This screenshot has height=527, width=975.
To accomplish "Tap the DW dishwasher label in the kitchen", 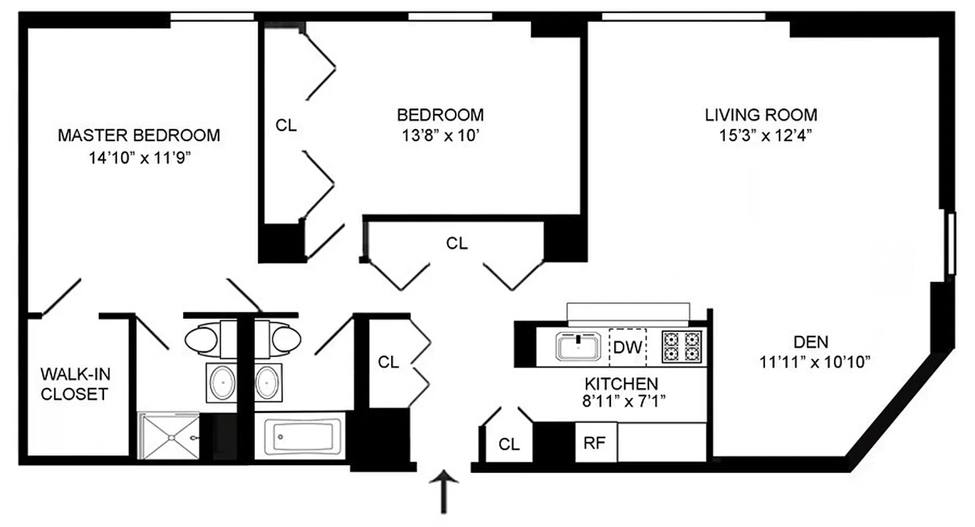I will pyautogui.click(x=628, y=347).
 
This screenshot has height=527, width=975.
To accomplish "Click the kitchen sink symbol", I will pyautogui.click(x=579, y=347).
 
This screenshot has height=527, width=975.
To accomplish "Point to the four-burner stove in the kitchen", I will pyautogui.click(x=681, y=347).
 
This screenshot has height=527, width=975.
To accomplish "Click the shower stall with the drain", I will pyautogui.click(x=168, y=435).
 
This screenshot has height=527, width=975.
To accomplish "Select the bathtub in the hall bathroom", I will pyautogui.click(x=299, y=435).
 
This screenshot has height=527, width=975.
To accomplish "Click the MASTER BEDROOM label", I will pyautogui.click(x=139, y=136).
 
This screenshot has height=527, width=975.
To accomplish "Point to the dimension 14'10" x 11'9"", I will pyautogui.click(x=139, y=158).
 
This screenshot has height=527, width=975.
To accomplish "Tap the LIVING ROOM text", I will pyautogui.click(x=761, y=115).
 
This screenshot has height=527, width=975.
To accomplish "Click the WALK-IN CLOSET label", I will pyautogui.click(x=76, y=385).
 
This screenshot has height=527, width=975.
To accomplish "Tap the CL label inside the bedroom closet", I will pyautogui.click(x=286, y=125).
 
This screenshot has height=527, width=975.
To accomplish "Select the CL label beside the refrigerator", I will pyautogui.click(x=508, y=445).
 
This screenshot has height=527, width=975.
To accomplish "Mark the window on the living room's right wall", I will pyautogui.click(x=950, y=242).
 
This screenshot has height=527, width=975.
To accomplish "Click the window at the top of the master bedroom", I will pyautogui.click(x=211, y=16).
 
